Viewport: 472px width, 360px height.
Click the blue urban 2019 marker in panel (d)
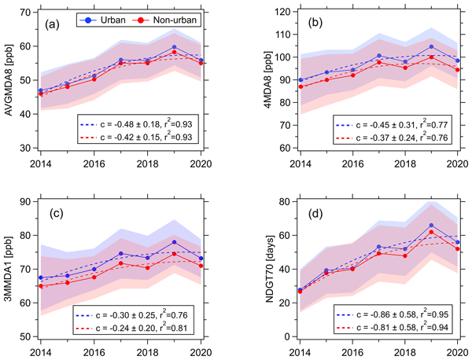430,226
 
